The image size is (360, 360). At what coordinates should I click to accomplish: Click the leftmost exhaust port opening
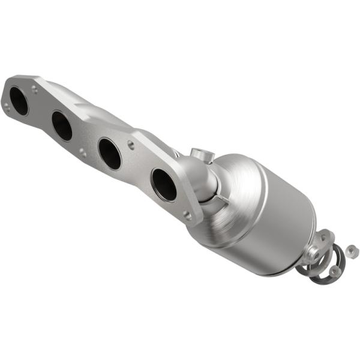[19, 101]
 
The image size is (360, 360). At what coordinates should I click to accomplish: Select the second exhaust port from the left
[61, 125]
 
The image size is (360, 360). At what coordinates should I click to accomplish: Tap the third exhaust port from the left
[109, 154]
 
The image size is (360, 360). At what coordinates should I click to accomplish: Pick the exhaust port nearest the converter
[164, 184]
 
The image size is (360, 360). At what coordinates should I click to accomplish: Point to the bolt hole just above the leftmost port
[35, 89]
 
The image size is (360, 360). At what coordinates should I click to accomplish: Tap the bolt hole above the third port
[130, 144]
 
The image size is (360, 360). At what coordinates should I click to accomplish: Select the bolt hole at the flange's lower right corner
[188, 214]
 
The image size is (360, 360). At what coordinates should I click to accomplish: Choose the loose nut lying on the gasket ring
[334, 271]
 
